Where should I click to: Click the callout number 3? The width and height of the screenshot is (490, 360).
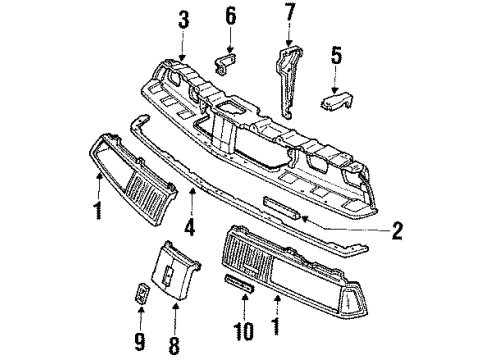(183, 19)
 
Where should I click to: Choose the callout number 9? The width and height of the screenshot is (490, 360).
(139, 325)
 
